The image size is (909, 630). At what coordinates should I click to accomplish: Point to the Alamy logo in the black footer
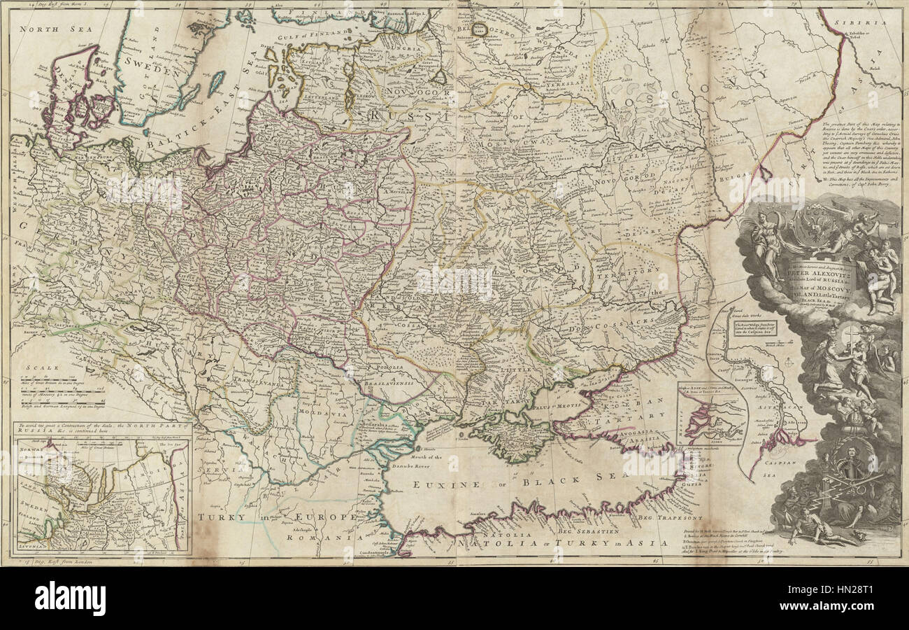70,598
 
